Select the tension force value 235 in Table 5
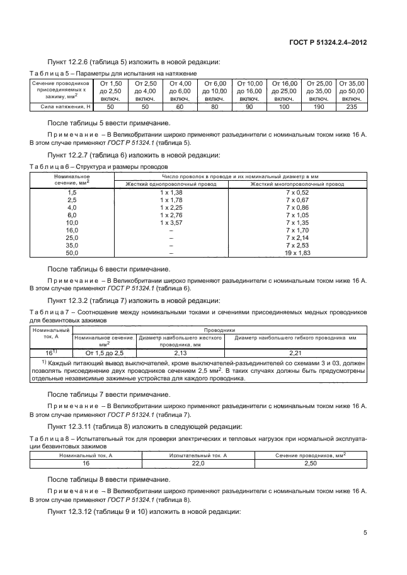[352, 107]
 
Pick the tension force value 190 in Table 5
[318, 107]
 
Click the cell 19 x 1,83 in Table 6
[297, 253]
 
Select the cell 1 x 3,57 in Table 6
[171, 223]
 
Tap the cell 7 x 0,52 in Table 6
[297, 192]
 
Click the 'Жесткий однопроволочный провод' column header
[171, 184]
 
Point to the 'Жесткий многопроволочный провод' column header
[297, 184]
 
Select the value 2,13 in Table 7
[180, 353]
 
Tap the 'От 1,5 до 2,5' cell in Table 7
[105, 353]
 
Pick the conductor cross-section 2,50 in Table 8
[309, 462]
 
